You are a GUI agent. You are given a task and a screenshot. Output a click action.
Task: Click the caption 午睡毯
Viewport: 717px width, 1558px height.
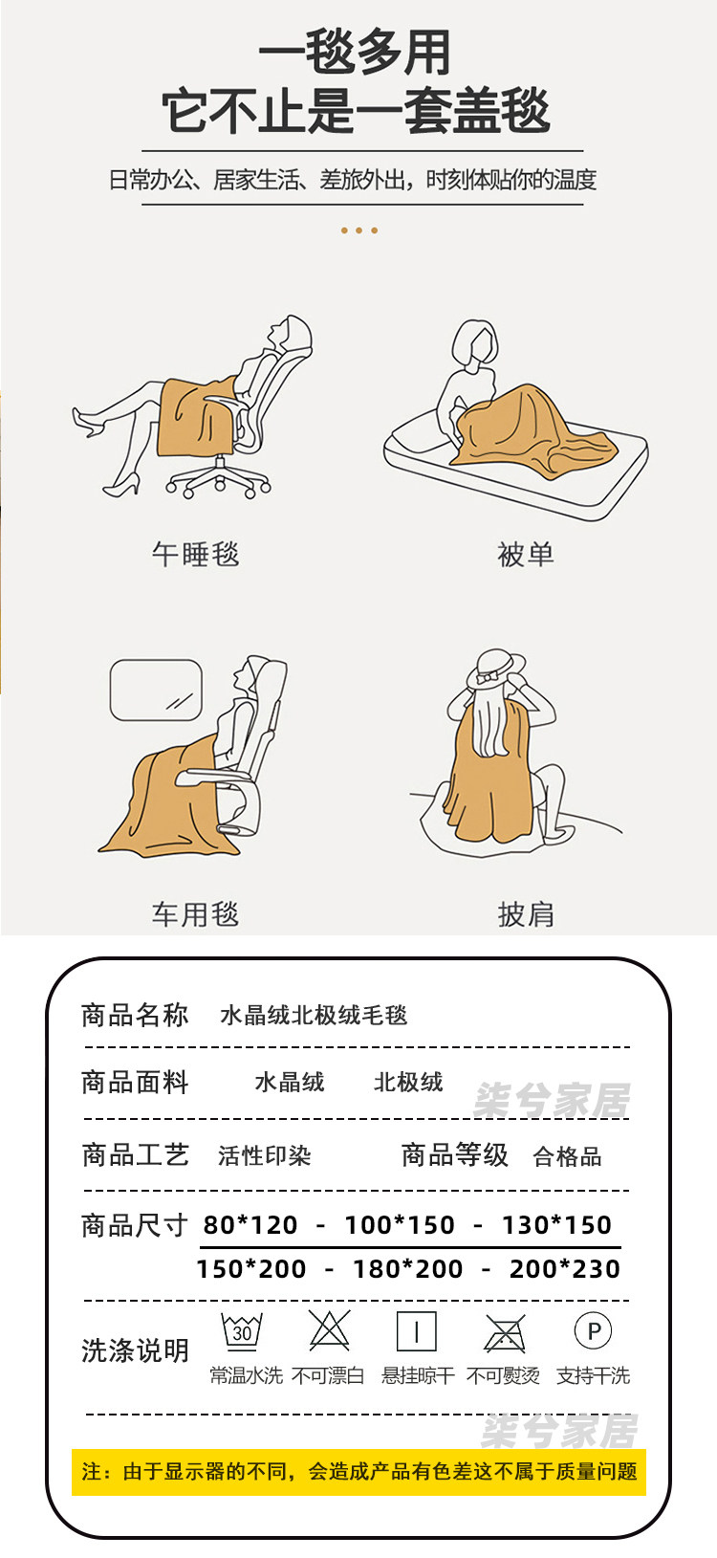coord(195,555)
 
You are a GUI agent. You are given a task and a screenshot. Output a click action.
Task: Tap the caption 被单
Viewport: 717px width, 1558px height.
coord(526,555)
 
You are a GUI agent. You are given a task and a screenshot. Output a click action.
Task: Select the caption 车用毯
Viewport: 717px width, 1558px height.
coord(195,914)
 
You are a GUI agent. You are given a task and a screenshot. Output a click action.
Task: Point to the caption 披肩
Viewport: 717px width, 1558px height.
coord(526,914)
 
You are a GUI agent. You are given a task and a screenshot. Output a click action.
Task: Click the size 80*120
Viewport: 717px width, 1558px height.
coord(250,1224)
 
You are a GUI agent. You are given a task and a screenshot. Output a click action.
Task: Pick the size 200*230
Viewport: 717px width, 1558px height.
coord(565,1268)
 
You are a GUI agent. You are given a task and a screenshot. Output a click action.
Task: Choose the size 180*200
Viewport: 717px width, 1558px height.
coord(407,1268)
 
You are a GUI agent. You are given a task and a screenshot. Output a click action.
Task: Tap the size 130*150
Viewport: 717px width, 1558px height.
coord(556,1224)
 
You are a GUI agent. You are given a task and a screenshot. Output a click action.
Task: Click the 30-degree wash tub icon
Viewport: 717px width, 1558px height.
coord(241,1331)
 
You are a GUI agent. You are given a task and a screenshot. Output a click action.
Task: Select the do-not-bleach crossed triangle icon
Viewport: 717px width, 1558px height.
coord(329,1330)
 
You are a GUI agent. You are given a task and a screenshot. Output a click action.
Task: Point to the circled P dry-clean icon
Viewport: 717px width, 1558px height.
coord(594,1331)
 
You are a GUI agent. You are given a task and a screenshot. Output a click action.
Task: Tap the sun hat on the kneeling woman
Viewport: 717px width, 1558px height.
coord(495,669)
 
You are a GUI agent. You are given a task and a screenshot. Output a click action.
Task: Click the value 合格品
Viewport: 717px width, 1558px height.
coord(567,1156)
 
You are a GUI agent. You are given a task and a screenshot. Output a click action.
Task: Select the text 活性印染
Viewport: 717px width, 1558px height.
coord(264,1155)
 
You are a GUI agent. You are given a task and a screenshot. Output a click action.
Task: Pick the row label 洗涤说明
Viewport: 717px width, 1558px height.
coord(135,1350)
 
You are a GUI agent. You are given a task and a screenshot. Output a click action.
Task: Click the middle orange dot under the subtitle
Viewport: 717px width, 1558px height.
coord(358,230)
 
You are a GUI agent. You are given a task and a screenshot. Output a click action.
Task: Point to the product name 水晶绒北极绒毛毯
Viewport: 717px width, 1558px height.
coord(314,1016)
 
